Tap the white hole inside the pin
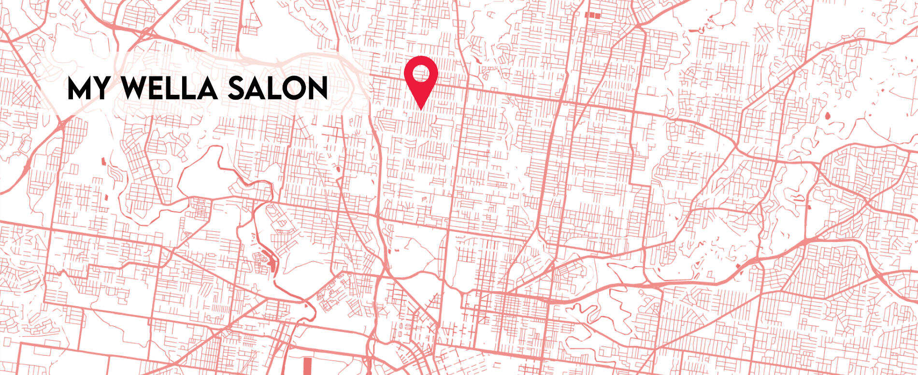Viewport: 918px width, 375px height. [421, 74]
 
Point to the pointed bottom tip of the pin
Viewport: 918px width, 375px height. [421, 109]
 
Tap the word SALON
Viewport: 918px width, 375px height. [278, 89]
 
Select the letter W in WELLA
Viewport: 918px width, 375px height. [134, 89]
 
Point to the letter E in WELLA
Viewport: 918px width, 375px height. [159, 89]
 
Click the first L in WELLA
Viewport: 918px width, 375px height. [175, 89]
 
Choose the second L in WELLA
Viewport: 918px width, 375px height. [191, 89]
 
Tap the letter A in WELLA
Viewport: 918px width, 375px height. [208, 89]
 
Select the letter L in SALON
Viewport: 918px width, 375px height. [273, 89]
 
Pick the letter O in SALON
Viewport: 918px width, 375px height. [293, 89]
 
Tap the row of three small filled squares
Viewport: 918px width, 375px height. [593, 15]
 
